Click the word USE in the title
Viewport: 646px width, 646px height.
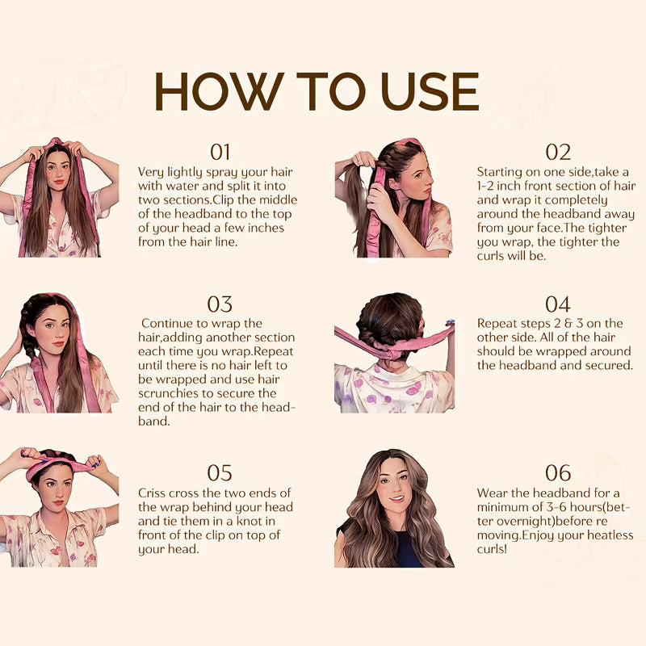tap(430, 91)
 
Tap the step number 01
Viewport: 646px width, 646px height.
tap(220, 152)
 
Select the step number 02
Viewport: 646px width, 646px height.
tap(558, 152)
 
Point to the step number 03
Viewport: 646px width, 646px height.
tap(220, 304)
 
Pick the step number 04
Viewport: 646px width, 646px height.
tap(558, 304)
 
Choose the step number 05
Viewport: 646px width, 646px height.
tap(220, 473)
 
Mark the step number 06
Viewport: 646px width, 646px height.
tap(558, 473)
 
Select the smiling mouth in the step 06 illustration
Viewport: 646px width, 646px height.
tap(396, 499)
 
